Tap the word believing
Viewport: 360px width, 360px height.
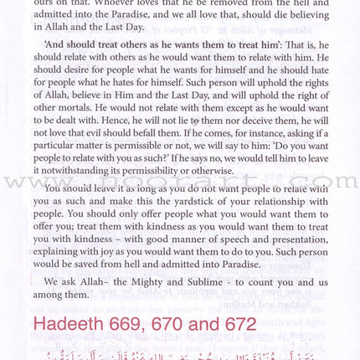tap(311, 18)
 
